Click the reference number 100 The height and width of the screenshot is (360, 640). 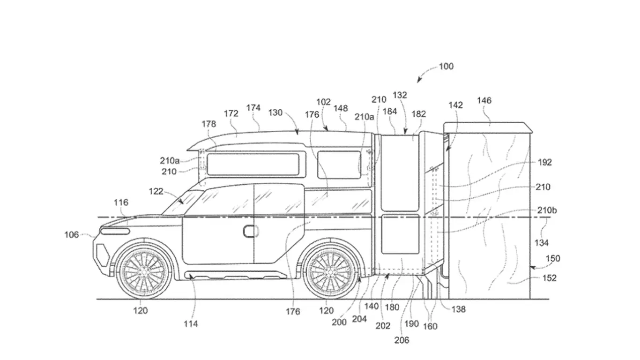446,67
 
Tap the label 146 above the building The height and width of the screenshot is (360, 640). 484,100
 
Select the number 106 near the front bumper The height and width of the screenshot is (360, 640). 72,235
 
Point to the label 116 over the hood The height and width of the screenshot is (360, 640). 120,202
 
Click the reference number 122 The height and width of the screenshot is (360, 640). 156,191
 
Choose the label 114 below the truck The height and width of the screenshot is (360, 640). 190,323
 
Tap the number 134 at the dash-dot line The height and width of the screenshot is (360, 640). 541,243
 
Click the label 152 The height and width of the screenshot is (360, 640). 549,278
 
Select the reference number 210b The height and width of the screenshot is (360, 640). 547,210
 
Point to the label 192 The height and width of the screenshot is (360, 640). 544,163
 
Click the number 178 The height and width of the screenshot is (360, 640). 208,124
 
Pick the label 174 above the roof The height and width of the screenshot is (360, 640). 253,108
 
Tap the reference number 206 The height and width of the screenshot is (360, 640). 402,340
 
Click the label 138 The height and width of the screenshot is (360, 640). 459,309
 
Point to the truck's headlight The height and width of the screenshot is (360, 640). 115,232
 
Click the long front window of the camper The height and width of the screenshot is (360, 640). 253,164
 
